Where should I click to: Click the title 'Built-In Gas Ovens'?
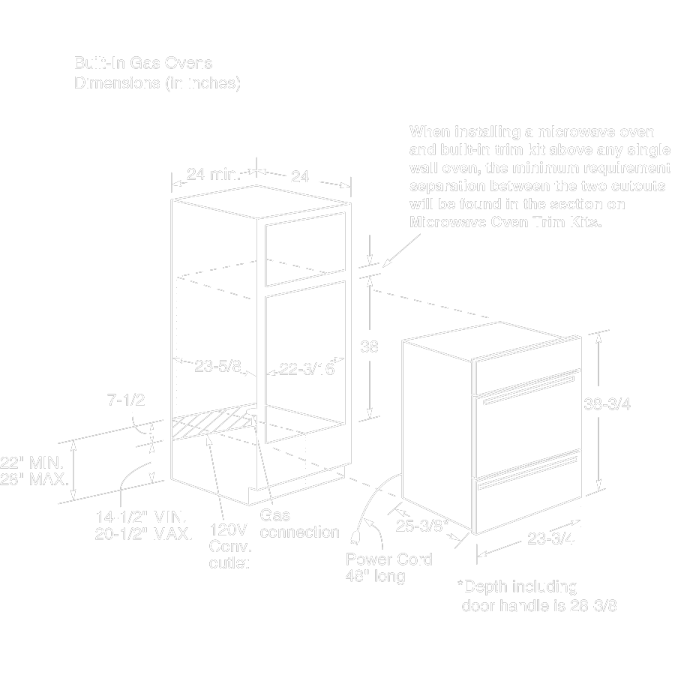(142, 63)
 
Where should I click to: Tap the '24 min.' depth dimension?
(213, 175)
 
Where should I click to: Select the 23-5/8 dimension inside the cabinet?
(217, 367)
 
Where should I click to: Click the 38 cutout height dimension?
(369, 347)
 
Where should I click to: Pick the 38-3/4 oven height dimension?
(607, 403)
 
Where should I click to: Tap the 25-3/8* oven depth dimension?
(422, 526)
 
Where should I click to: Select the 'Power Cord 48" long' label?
(389, 567)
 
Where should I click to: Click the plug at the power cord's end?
(355, 533)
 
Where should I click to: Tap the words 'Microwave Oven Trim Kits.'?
(506, 223)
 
